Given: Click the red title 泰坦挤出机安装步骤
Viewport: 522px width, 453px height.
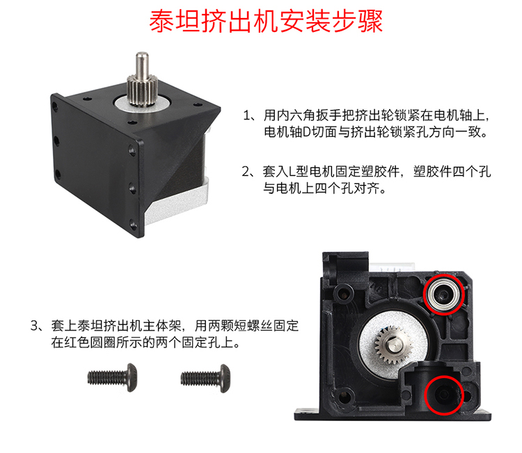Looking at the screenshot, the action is pos(266,22).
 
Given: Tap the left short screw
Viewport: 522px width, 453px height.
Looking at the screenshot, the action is pos(112,377).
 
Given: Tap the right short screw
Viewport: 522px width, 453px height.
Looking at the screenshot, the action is pos(205,378).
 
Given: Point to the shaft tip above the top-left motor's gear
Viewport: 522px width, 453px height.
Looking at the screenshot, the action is pos(142,54).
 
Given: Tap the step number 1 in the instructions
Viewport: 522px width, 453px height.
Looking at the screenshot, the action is pos(247,115).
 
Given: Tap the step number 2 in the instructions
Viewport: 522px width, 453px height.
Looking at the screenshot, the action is pos(246,172).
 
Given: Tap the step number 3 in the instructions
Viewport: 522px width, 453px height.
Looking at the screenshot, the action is pos(35,326).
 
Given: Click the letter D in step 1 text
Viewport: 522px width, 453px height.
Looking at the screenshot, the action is pos(306,132).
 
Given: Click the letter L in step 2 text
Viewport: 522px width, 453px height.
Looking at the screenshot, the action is pos(292,172).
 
